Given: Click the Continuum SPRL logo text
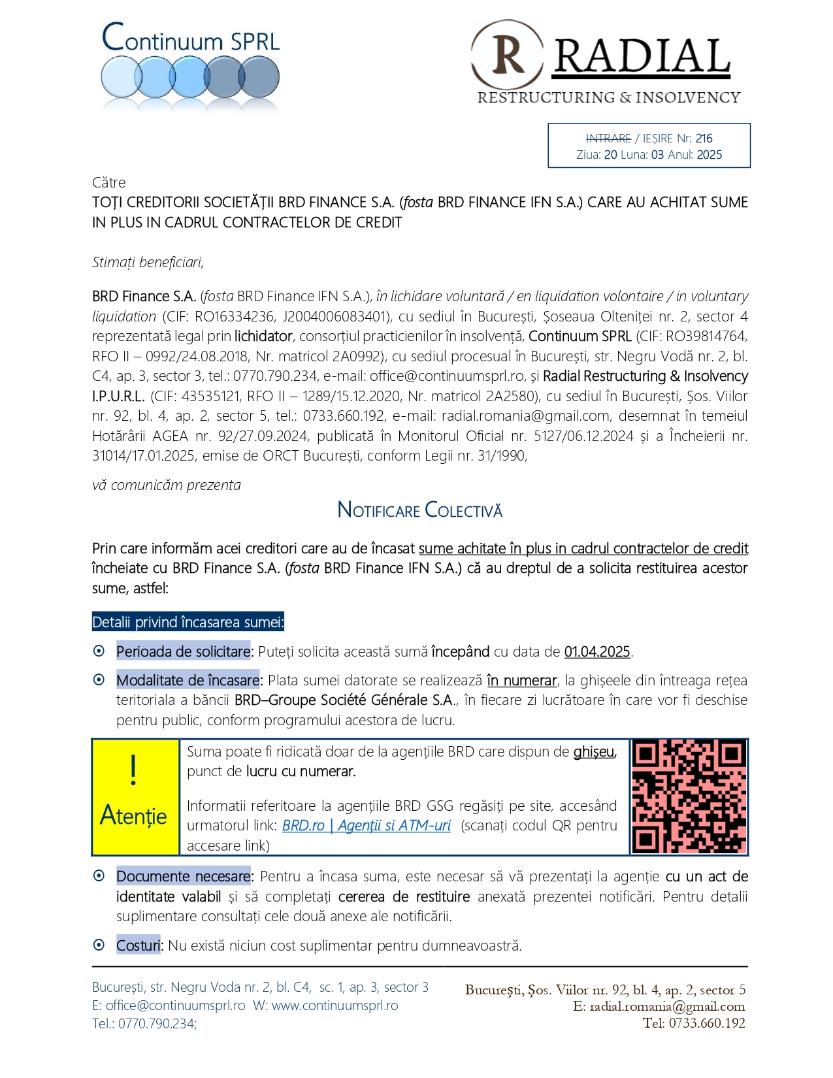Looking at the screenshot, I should coord(191,39).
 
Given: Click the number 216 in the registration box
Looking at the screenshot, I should coord(704,139).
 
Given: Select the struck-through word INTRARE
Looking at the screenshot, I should coord(608,139).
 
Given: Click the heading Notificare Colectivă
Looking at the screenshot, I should coord(419,510).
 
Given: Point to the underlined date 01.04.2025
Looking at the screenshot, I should coord(596,651).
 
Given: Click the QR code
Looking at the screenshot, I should coord(689,796).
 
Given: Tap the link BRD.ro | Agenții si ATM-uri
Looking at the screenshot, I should coord(366,826).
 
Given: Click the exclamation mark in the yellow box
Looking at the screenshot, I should coord(134,770).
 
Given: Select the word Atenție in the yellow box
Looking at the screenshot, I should coord(134,815).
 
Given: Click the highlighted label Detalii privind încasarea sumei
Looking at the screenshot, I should coord(188,622).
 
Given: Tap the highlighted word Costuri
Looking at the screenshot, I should coord(138,945).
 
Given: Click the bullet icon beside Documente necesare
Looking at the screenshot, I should coord(99,875).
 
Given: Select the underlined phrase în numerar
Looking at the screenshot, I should coord(521,680).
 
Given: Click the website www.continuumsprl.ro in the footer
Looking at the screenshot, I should coord(335,1005).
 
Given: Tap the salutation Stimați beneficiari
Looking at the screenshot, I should coord(148,262).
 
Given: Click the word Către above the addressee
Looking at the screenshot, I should coord(108,182).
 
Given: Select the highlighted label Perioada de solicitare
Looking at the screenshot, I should coord(183,651).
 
